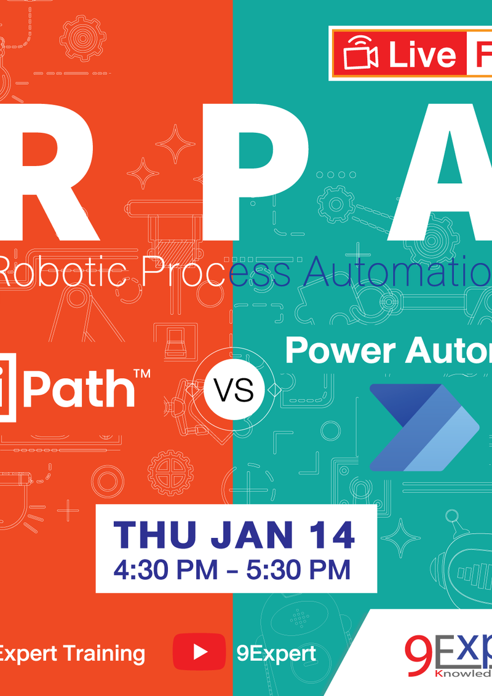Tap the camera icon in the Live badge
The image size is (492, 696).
(x=361, y=54)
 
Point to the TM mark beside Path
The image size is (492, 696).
(x=142, y=374)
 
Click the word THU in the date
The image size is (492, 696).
(x=156, y=536)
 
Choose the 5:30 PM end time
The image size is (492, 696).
(x=298, y=569)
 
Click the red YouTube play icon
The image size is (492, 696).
(x=199, y=652)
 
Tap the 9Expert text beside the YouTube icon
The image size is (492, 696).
(x=276, y=652)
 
